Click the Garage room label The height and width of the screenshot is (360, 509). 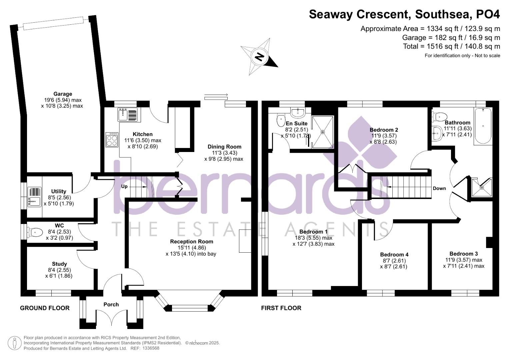(63, 94)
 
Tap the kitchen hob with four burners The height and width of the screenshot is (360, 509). (112, 140)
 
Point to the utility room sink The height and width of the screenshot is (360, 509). (35, 197)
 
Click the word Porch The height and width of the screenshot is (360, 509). (111, 305)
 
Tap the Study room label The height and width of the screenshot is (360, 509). (59, 264)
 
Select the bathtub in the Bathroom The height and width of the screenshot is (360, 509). (483, 126)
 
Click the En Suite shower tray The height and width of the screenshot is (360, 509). (323, 132)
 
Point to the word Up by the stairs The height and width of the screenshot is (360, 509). (124, 187)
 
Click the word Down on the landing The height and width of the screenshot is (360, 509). (439, 188)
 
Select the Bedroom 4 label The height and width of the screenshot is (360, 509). (394, 255)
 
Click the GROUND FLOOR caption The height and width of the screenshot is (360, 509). (45, 308)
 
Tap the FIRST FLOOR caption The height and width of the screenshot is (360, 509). (281, 308)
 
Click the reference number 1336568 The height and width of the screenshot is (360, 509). (151, 348)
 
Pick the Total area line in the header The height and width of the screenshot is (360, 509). (452, 47)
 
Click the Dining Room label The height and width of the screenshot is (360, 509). (224, 147)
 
